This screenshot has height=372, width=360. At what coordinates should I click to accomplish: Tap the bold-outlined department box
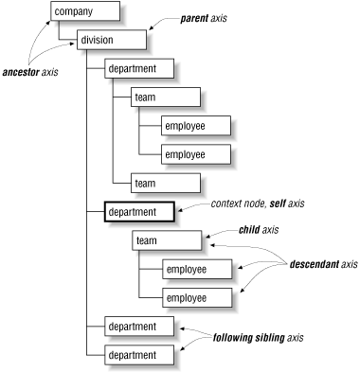pos(137,211)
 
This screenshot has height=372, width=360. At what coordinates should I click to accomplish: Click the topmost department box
pos(139,68)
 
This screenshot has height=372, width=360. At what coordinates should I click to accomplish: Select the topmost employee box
pos(197,125)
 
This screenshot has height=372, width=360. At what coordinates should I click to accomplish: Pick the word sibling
pos(289,337)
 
